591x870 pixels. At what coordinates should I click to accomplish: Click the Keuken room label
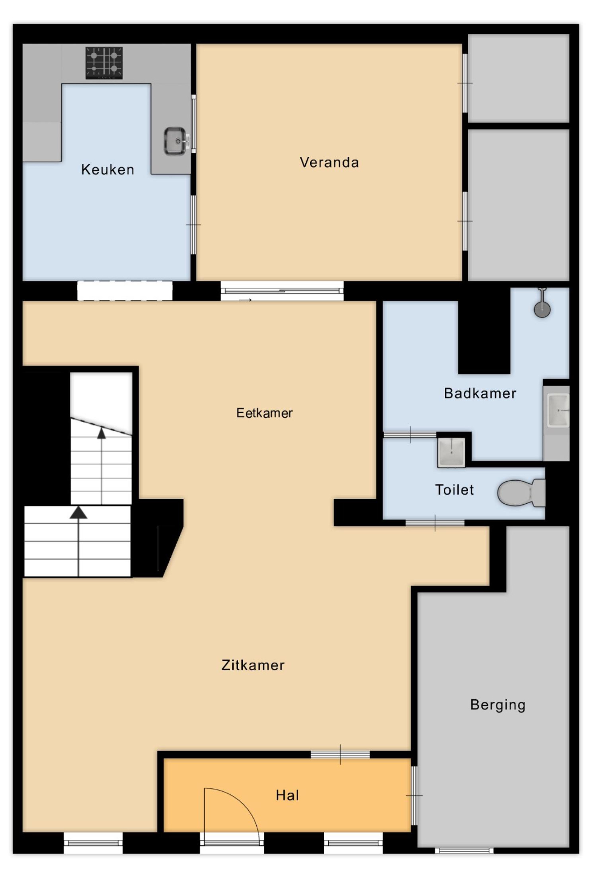point(107,169)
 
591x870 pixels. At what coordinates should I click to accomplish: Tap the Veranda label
point(329,162)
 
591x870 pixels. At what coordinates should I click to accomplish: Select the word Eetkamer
point(264,412)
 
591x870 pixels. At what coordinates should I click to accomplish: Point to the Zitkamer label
point(253,665)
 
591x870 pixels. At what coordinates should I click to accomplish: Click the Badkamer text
point(480,393)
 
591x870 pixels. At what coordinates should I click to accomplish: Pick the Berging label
point(498,705)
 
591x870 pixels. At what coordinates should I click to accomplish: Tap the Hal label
point(287,795)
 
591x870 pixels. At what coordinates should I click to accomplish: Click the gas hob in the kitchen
point(104,63)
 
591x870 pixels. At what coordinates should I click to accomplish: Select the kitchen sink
point(176,141)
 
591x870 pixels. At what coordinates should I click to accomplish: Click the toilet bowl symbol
point(522,493)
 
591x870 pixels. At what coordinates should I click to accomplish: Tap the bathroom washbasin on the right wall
point(558,410)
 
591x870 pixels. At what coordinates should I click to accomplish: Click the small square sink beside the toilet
point(451,452)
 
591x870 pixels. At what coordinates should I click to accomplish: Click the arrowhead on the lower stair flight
point(78,512)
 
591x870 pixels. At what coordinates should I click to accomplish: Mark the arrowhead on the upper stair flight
point(102,433)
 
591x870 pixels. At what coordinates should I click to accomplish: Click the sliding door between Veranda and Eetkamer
point(282,291)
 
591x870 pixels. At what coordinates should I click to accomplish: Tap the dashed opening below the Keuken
point(125,291)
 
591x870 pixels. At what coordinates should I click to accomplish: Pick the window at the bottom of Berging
point(464,850)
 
